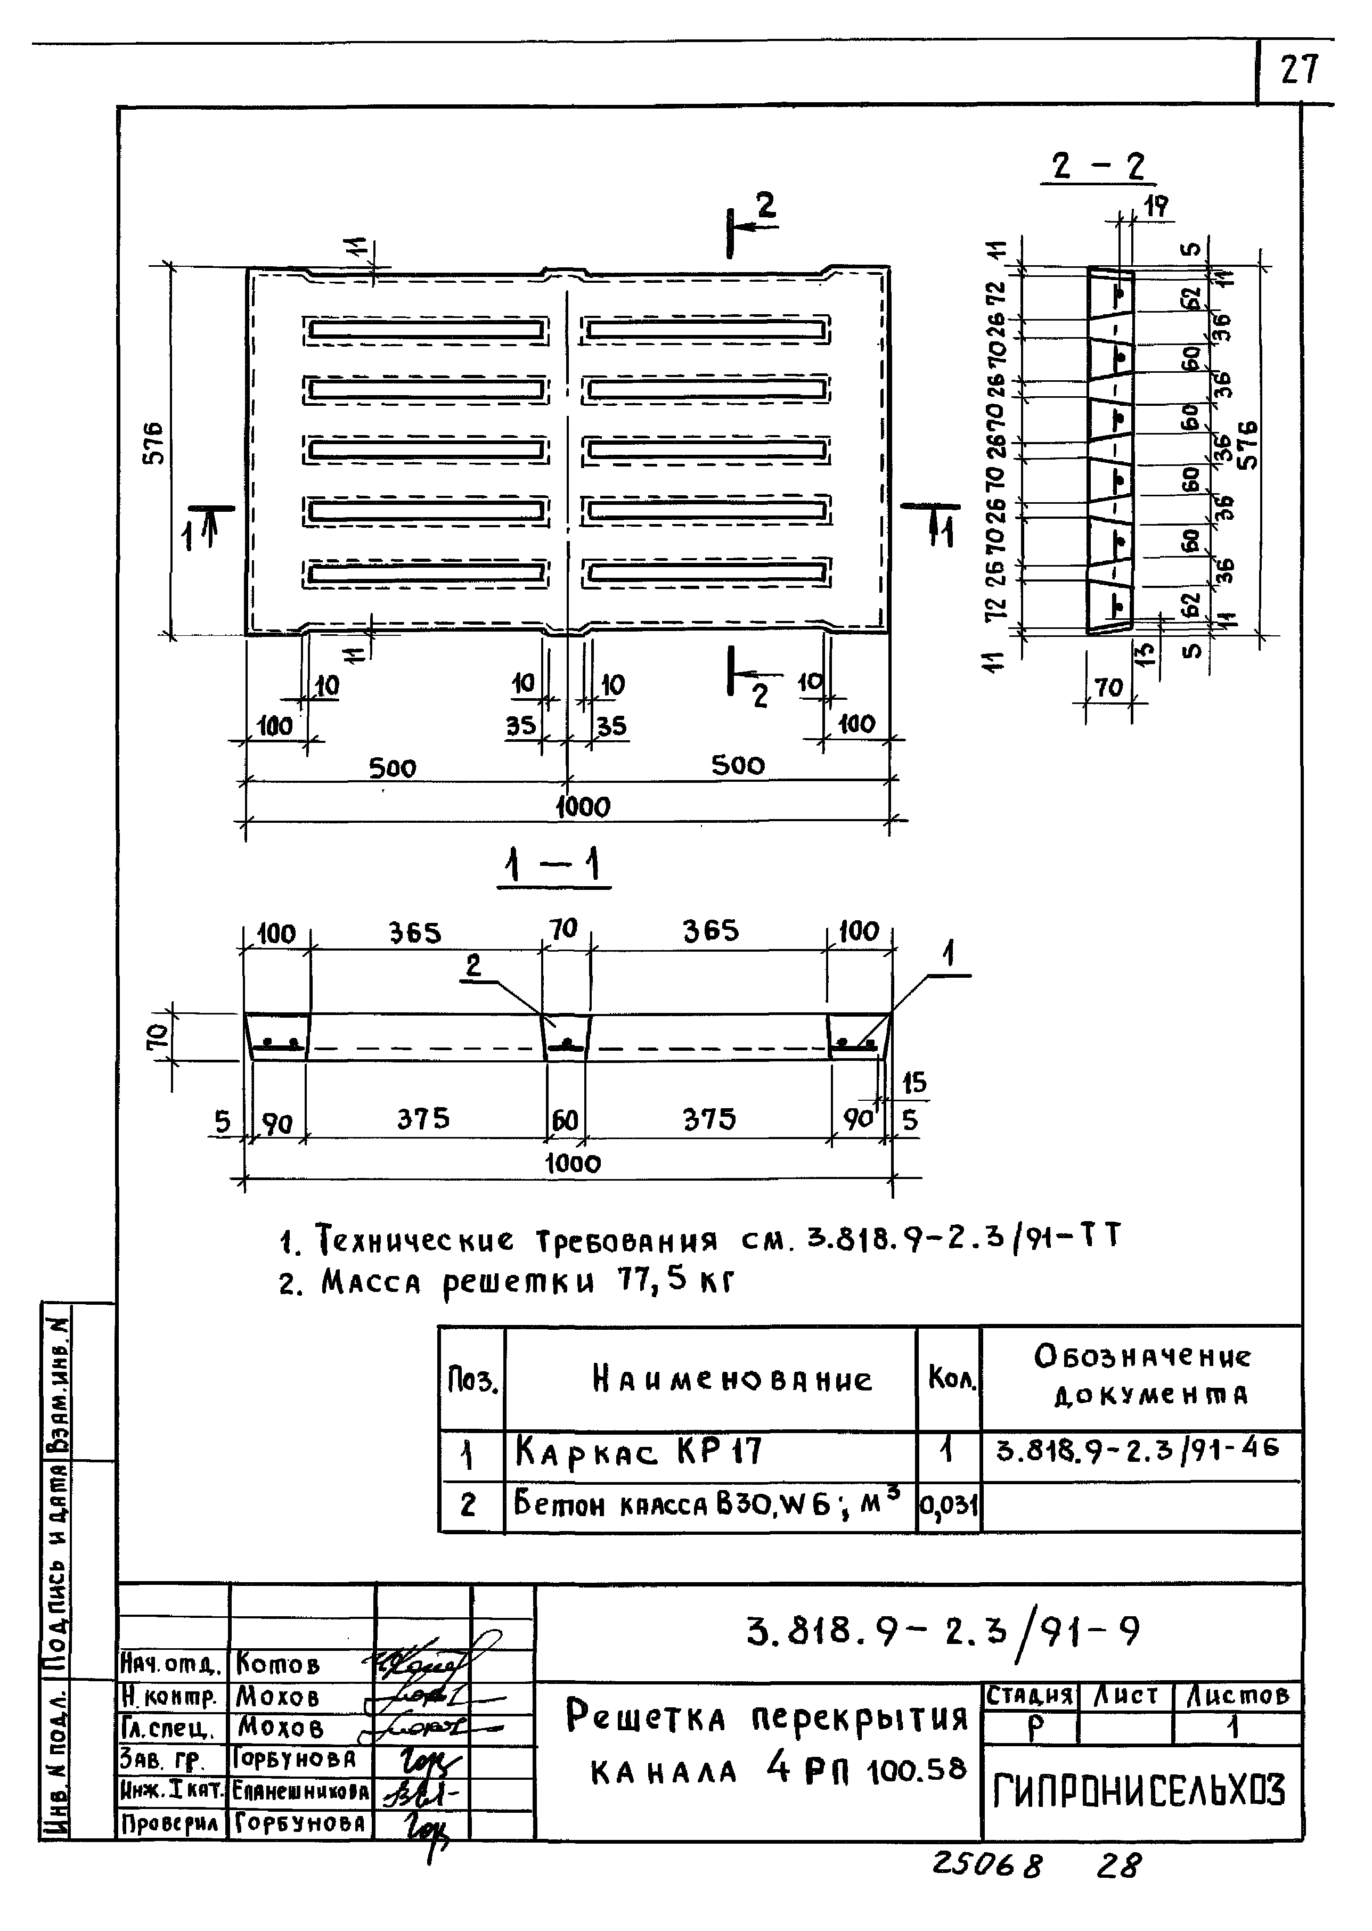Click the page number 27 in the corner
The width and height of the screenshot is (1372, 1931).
click(1298, 69)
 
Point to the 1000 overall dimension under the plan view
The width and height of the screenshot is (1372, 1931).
click(582, 807)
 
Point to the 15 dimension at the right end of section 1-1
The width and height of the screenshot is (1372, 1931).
click(914, 1082)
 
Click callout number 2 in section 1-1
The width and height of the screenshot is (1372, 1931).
click(473, 965)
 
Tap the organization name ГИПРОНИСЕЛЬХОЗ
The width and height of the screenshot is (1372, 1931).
click(1140, 1791)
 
